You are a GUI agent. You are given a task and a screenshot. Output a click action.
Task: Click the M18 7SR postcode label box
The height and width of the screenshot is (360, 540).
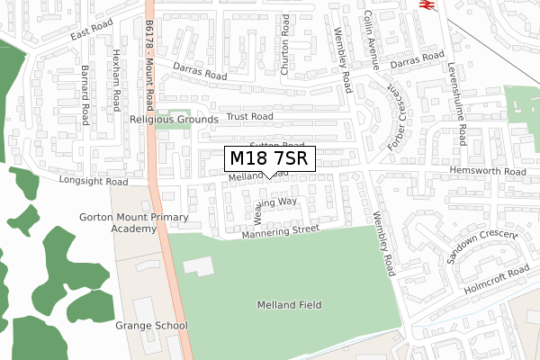pos(269,158)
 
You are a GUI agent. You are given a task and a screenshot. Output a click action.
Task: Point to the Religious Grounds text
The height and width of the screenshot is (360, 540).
pos(174,120)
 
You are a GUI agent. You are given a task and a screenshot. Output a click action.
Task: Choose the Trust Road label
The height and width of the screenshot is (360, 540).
pos(249,117)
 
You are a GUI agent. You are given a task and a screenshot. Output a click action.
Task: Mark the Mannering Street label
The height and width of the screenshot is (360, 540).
pos(280,232)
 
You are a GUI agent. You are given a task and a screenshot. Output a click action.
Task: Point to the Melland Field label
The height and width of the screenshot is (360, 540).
pos(288,305)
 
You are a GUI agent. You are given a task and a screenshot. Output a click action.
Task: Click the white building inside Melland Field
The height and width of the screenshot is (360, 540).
pos(199,265)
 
